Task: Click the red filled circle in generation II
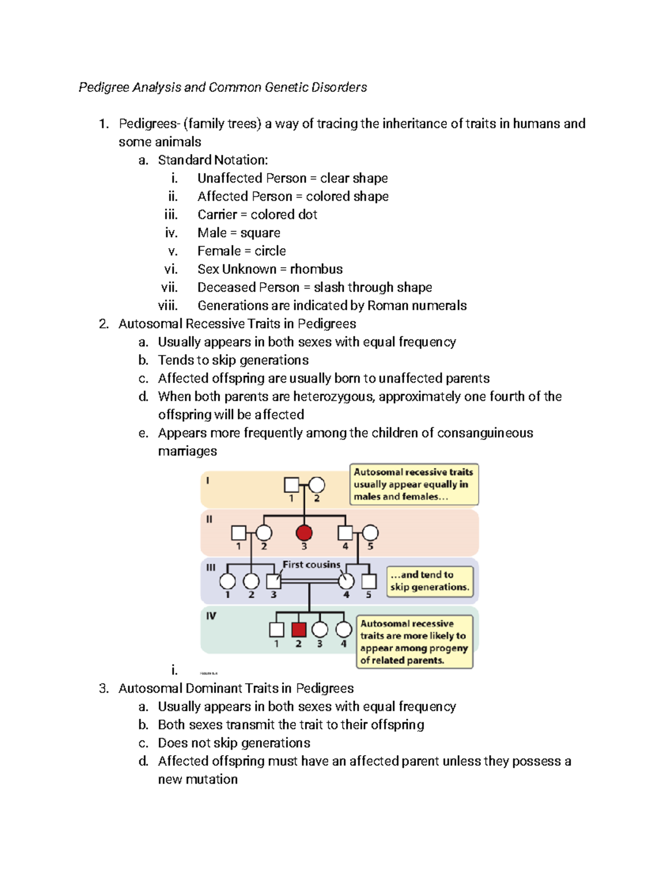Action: tap(304, 533)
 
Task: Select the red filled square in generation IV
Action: tap(298, 630)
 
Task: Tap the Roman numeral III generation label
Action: tap(211, 567)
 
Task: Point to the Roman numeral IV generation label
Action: tap(211, 616)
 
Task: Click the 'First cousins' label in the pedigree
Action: tap(311, 565)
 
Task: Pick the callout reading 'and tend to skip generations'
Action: tap(430, 581)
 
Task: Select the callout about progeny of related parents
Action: tap(414, 642)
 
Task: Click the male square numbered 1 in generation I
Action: tap(291, 485)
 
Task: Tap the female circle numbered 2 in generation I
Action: tap(317, 485)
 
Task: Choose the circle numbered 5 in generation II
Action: tap(370, 533)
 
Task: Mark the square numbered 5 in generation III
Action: tap(368, 581)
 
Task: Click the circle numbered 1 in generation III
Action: tap(227, 581)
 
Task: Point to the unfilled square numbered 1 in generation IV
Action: tap(277, 630)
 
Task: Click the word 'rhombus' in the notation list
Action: tap(316, 269)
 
